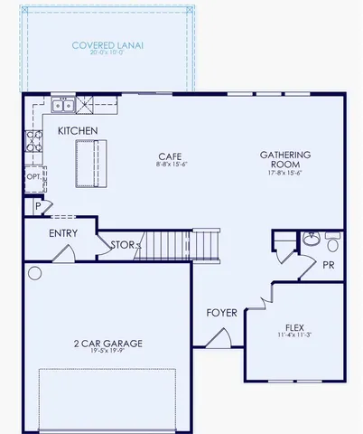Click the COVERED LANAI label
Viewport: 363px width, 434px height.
point(108,44)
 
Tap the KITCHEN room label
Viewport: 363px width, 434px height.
point(78,131)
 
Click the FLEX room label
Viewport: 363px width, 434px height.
point(294,327)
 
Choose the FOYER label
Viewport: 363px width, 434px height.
point(221,313)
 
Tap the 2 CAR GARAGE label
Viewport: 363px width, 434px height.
point(107,343)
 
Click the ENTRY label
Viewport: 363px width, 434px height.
point(63,233)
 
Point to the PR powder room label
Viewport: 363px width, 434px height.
point(329,264)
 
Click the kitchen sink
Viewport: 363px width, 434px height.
point(63,106)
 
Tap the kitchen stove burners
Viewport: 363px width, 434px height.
point(33,140)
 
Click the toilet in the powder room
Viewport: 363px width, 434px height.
point(332,242)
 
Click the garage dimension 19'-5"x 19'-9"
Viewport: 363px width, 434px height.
point(107,353)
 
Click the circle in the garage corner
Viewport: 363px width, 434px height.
point(34,272)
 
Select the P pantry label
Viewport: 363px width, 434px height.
point(37,207)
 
